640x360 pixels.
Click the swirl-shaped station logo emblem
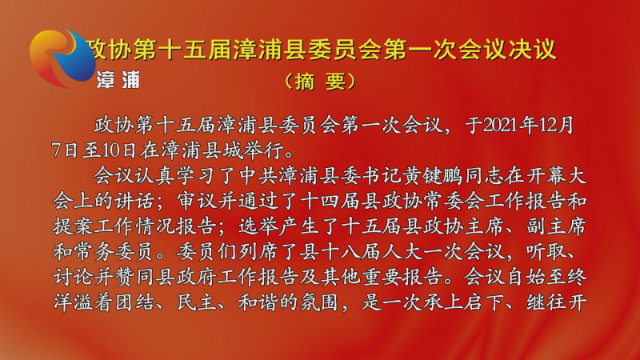point(62,57)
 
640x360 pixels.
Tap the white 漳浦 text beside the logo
point(118,80)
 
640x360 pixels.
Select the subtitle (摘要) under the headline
point(320,82)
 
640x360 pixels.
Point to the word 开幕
point(546,176)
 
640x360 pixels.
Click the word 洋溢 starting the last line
point(74,302)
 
